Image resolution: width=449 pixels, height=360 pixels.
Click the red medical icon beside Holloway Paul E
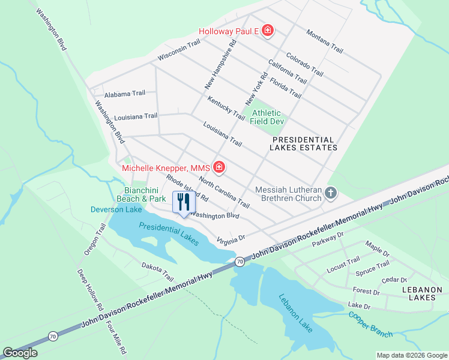tap(268, 31)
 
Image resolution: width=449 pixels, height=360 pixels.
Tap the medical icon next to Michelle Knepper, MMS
tap(219, 167)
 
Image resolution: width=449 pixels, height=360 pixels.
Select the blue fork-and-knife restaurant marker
tap(184, 202)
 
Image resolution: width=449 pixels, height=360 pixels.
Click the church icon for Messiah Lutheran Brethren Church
tap(330, 193)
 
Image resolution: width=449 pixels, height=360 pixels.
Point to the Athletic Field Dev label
tap(267, 116)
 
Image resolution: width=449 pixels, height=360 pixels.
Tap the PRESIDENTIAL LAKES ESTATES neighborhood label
tap(302, 143)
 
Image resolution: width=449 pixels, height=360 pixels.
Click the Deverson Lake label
tap(116, 209)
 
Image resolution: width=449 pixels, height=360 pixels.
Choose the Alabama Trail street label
tap(125, 94)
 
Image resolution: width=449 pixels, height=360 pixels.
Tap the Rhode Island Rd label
tap(187, 188)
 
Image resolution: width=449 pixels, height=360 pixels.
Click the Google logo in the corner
tap(20, 353)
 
